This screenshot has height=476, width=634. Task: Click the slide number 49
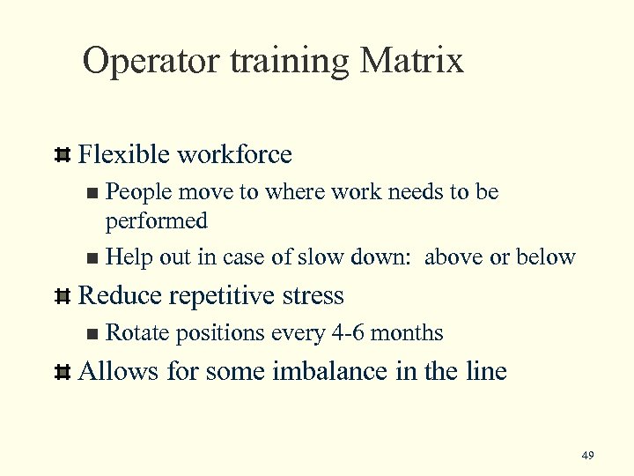click(588, 455)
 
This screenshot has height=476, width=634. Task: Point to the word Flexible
click(122, 155)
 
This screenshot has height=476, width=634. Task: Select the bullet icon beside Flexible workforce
click(62, 156)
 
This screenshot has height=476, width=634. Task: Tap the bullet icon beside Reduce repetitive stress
click(62, 296)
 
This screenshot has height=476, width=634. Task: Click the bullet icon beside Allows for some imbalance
click(62, 372)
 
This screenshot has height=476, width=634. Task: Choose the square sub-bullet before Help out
click(94, 258)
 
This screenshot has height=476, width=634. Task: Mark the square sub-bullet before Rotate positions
click(94, 334)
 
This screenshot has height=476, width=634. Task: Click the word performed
click(157, 220)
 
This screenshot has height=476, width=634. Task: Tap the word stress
click(314, 296)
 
